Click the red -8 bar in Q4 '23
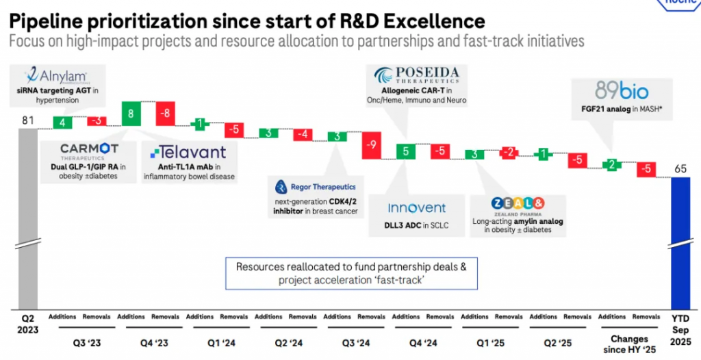point(166,114)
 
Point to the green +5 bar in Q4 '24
point(405,151)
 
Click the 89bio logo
point(612,90)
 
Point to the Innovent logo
point(416,207)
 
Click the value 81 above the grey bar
point(28,121)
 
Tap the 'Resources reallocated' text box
point(350,272)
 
